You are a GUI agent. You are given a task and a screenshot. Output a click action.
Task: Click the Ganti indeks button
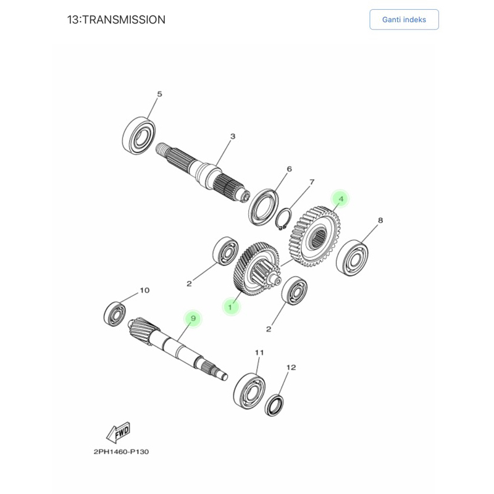[x=404, y=20]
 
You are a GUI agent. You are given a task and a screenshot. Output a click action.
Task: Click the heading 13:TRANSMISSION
[x=116, y=20]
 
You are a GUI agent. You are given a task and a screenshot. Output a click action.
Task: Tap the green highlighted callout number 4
[x=340, y=199]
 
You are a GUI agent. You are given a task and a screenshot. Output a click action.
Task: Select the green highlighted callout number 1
[x=231, y=306]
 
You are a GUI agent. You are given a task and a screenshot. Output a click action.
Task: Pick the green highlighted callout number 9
[x=193, y=318]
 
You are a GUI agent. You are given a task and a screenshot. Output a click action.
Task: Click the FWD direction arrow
[x=118, y=433]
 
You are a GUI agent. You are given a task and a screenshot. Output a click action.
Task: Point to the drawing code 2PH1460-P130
[x=121, y=451]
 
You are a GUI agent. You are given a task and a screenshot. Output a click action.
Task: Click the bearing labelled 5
[x=138, y=134]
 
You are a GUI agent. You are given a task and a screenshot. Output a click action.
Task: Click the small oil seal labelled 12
[x=275, y=405]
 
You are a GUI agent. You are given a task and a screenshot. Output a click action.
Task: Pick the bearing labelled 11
[x=249, y=389]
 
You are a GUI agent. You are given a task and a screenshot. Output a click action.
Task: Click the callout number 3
[x=233, y=136]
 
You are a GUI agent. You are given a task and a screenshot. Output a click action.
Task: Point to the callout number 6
[x=289, y=169]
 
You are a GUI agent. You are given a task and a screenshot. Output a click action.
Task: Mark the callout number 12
[x=291, y=367]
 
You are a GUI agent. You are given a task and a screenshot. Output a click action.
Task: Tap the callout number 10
[x=144, y=290]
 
